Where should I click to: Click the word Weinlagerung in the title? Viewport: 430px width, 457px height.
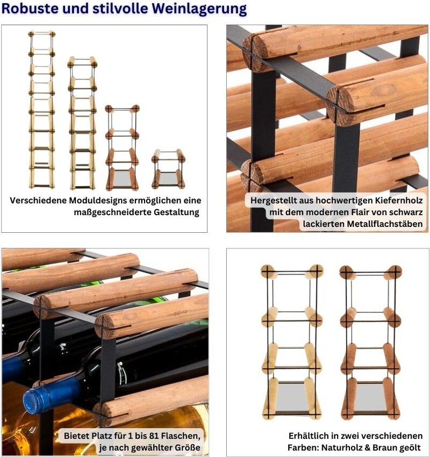[x=199, y=9]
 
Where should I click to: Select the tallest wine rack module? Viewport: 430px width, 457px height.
[x=42, y=109]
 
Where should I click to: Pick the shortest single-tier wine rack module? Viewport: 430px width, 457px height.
[x=168, y=169]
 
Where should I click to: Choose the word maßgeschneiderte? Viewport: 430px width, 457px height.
[x=112, y=212]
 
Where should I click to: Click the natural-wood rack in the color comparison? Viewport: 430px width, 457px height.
[x=292, y=342]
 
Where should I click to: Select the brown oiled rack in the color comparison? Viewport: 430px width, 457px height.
[x=370, y=342]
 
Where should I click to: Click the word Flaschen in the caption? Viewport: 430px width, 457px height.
[x=181, y=435]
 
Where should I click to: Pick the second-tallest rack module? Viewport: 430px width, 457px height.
[x=82, y=123]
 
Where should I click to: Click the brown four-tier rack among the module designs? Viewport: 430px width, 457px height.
[x=122, y=148]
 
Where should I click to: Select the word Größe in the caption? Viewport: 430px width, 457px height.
[x=187, y=447]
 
